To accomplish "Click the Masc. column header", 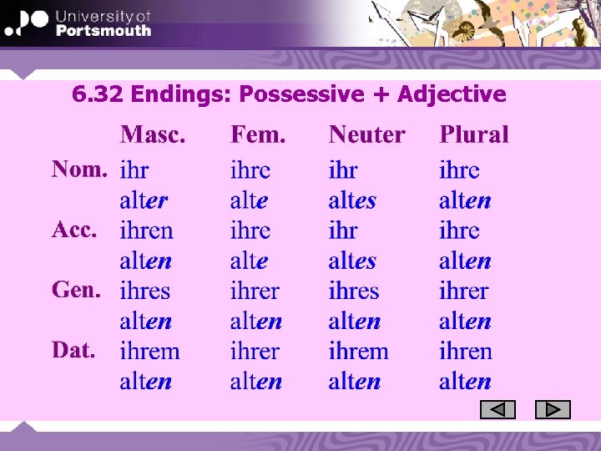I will tap(153, 134).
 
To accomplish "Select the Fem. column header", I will tap(258, 134).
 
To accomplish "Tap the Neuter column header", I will tap(366, 134).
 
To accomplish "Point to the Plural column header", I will tap(473, 134).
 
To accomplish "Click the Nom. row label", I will tap(79, 170).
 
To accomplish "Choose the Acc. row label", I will tap(75, 230).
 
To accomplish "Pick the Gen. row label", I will tap(76, 290).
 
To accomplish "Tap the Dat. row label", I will tap(73, 350).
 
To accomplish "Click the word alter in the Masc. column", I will tap(144, 200).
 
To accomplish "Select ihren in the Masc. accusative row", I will tap(146, 231).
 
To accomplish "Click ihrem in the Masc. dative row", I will tap(149, 351).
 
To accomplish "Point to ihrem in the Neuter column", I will tap(358, 351).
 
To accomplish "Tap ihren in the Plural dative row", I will tap(465, 351).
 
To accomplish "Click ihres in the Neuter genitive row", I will tap(354, 291).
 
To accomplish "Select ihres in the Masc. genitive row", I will tap(145, 291).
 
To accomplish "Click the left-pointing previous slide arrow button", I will tap(498, 410).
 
